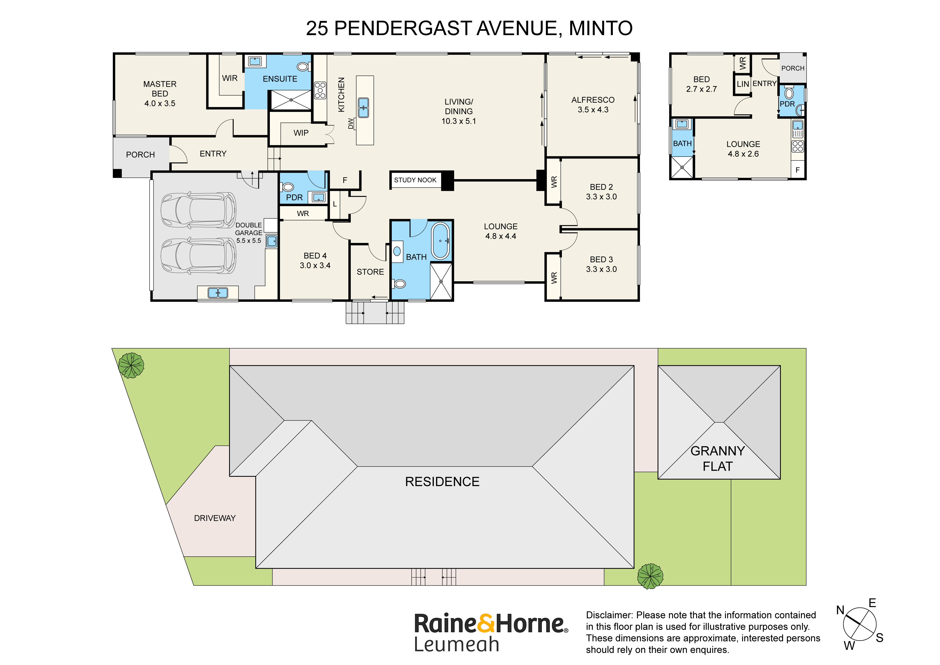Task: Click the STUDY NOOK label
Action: pyautogui.click(x=415, y=180)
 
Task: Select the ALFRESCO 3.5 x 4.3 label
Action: pyautogui.click(x=592, y=105)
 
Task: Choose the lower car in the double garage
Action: pyautogui.click(x=198, y=256)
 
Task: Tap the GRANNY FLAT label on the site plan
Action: pyautogui.click(x=717, y=459)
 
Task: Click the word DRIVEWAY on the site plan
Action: pyautogui.click(x=215, y=518)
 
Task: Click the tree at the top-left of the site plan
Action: pyautogui.click(x=131, y=365)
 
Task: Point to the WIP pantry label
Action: pyautogui.click(x=301, y=133)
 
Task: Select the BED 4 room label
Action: pyautogui.click(x=315, y=256)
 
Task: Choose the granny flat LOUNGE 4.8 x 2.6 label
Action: pyautogui.click(x=743, y=149)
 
